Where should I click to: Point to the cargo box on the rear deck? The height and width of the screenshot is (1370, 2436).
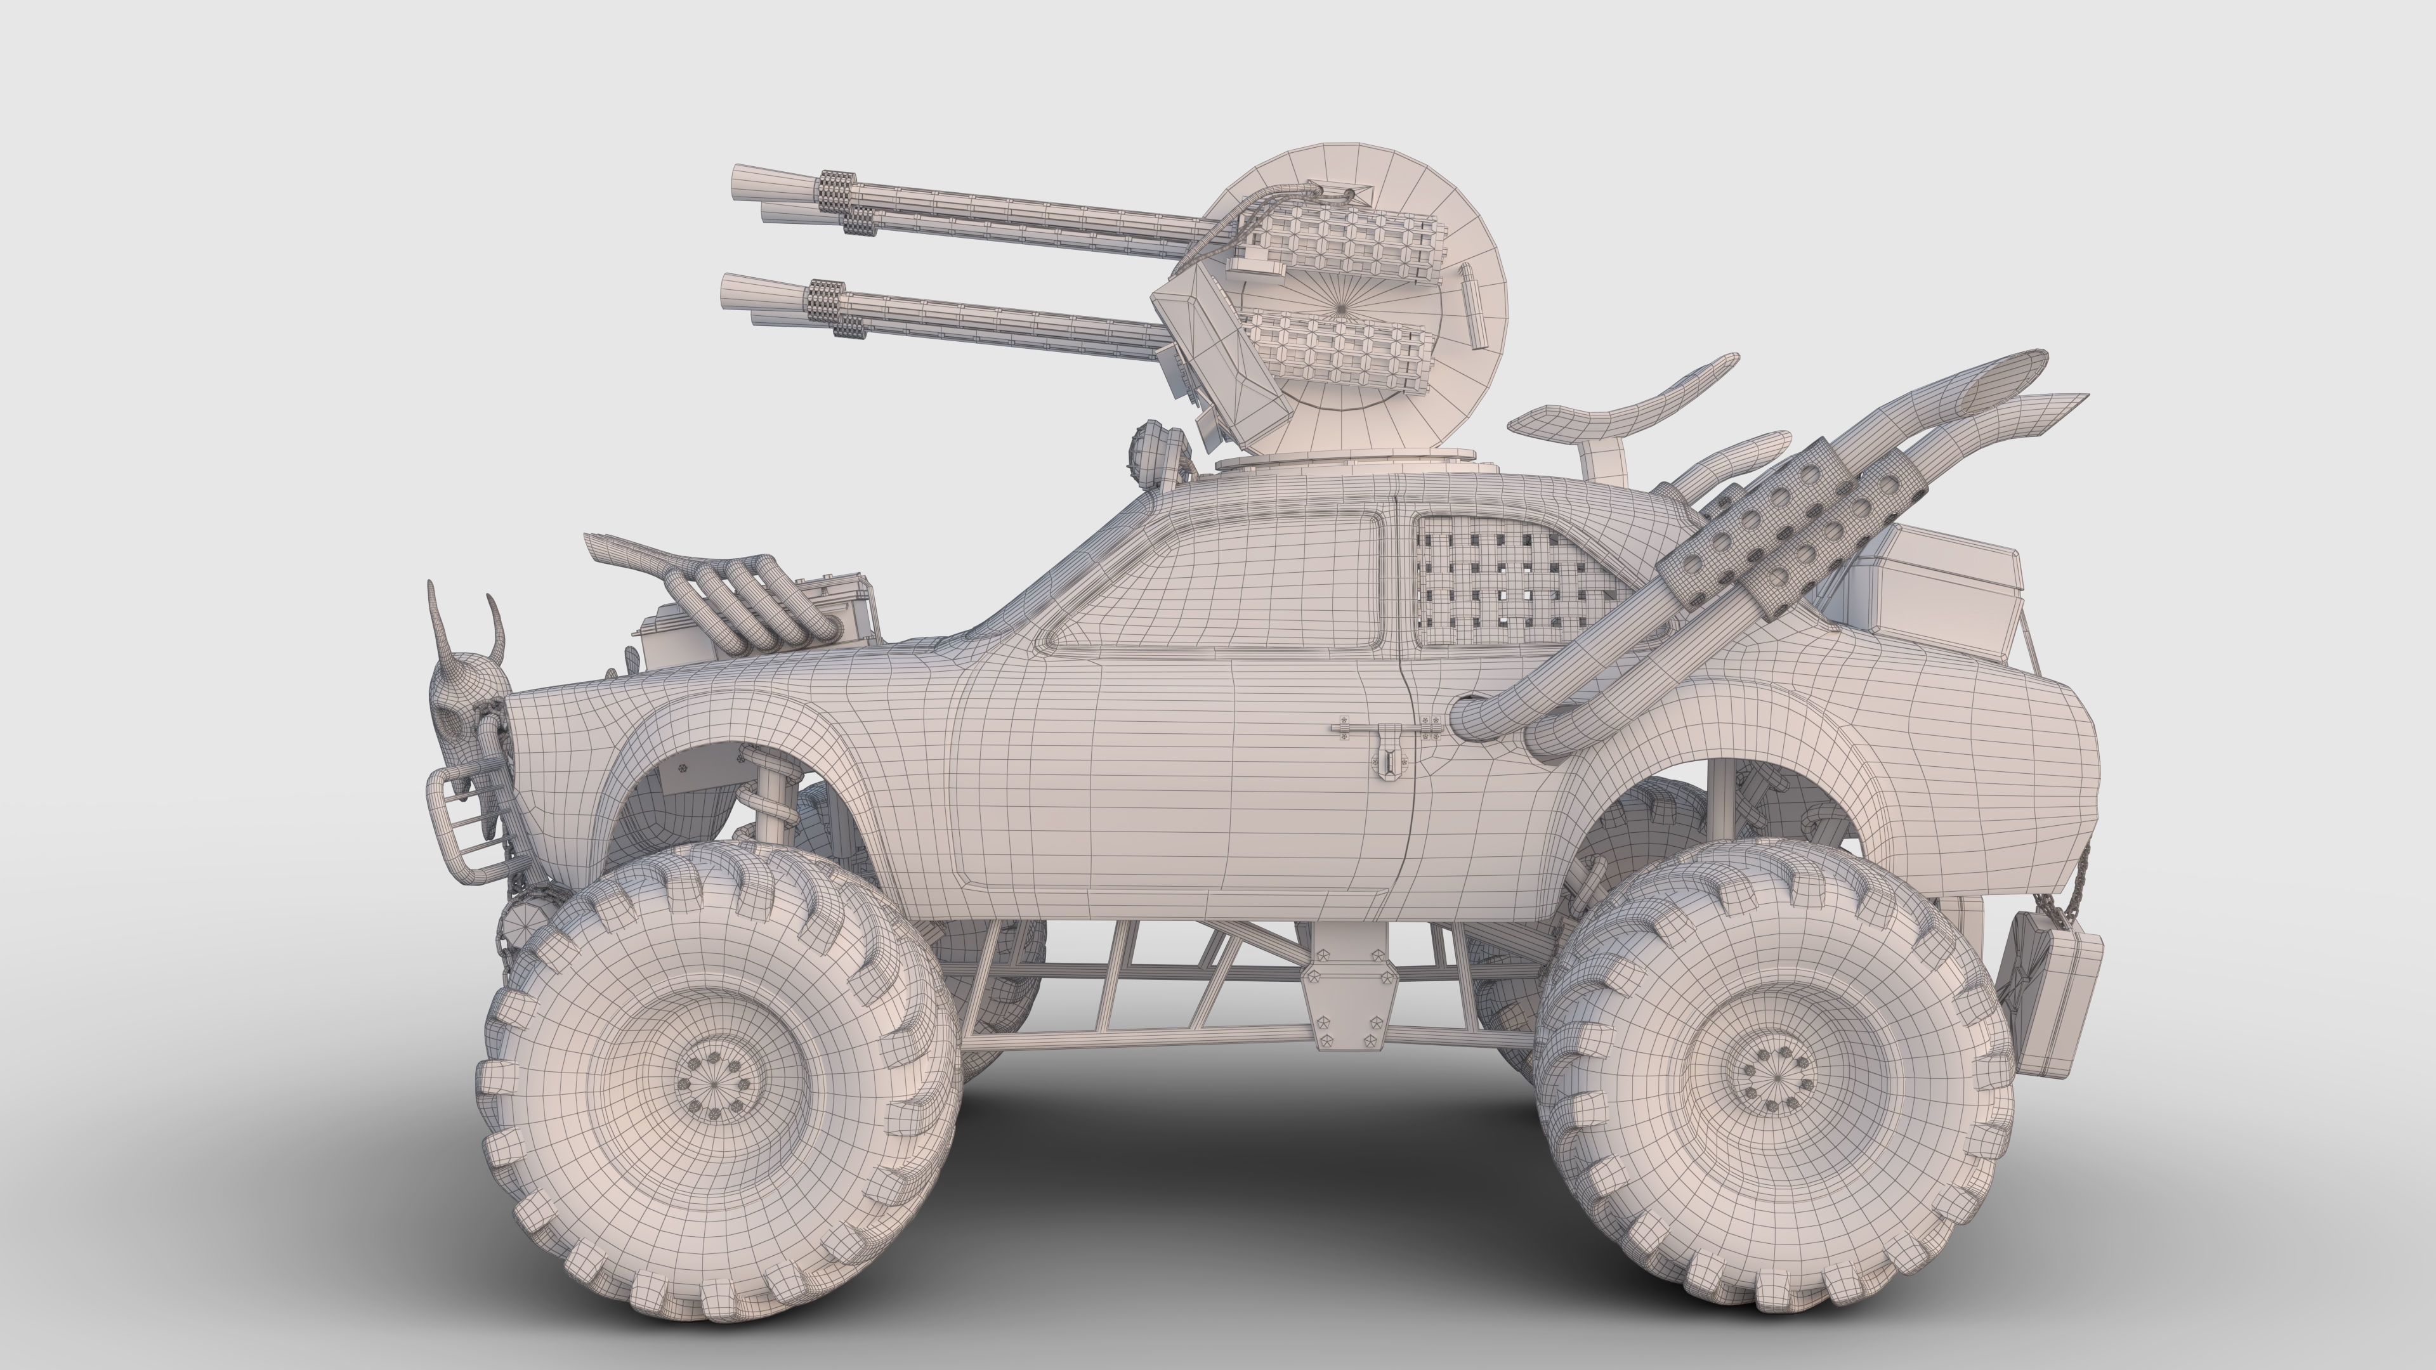1929,586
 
